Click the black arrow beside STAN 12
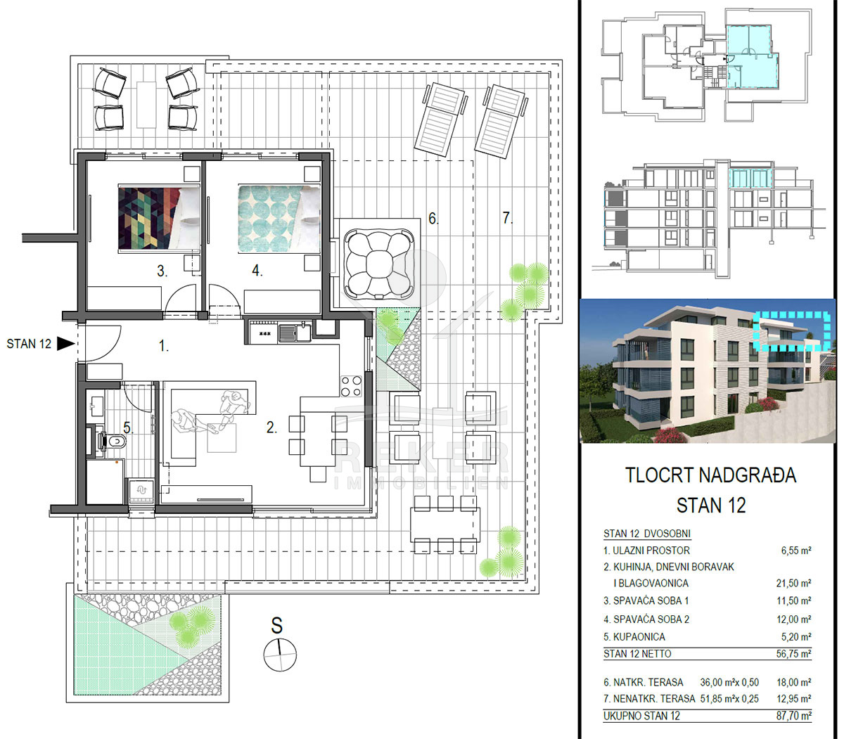65,344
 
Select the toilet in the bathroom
113,442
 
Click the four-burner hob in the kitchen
351,386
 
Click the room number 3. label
162,271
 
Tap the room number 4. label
257,271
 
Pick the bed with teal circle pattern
279,219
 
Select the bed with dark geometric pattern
159,219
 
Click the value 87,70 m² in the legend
793,716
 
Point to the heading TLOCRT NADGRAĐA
710,475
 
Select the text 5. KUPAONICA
634,637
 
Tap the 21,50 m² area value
793,583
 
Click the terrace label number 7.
507,218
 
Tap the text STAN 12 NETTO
637,654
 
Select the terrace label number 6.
433,218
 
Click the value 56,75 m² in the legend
793,654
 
